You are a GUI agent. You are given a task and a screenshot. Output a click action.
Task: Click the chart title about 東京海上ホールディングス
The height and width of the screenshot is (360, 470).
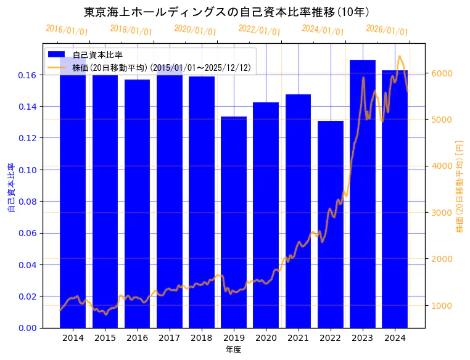point(226,12)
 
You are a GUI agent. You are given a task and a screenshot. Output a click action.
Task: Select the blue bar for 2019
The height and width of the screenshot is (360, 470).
point(234,222)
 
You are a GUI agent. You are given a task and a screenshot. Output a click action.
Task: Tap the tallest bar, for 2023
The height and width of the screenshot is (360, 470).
point(363,194)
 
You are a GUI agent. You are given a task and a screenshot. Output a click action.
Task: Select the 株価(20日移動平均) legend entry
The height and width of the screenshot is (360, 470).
point(160,67)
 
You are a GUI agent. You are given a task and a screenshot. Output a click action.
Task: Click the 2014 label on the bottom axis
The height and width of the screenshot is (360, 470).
point(73,338)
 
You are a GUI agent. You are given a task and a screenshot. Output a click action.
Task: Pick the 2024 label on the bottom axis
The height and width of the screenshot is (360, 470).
point(395,338)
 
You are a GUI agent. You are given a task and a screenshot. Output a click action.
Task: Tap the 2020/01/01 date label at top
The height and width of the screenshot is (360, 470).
point(195,30)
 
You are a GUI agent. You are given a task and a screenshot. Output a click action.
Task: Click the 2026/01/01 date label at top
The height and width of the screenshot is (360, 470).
point(387,30)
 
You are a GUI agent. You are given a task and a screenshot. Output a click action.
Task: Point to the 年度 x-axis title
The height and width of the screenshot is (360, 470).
point(233,350)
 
